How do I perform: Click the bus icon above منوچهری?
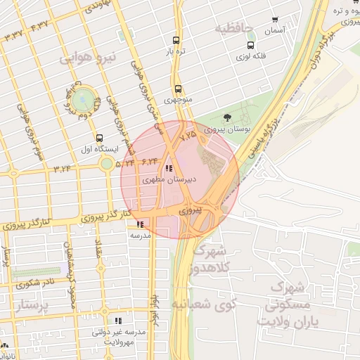click(178, 89)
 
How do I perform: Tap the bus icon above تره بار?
click(176, 41)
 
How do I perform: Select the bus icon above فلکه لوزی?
click(250, 44)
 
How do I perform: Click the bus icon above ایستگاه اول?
click(99, 139)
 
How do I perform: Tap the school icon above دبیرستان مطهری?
click(169, 169)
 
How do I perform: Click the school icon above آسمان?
click(274, 20)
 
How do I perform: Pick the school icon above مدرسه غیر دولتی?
click(118, 321)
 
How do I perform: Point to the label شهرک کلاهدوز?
click(207, 259)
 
